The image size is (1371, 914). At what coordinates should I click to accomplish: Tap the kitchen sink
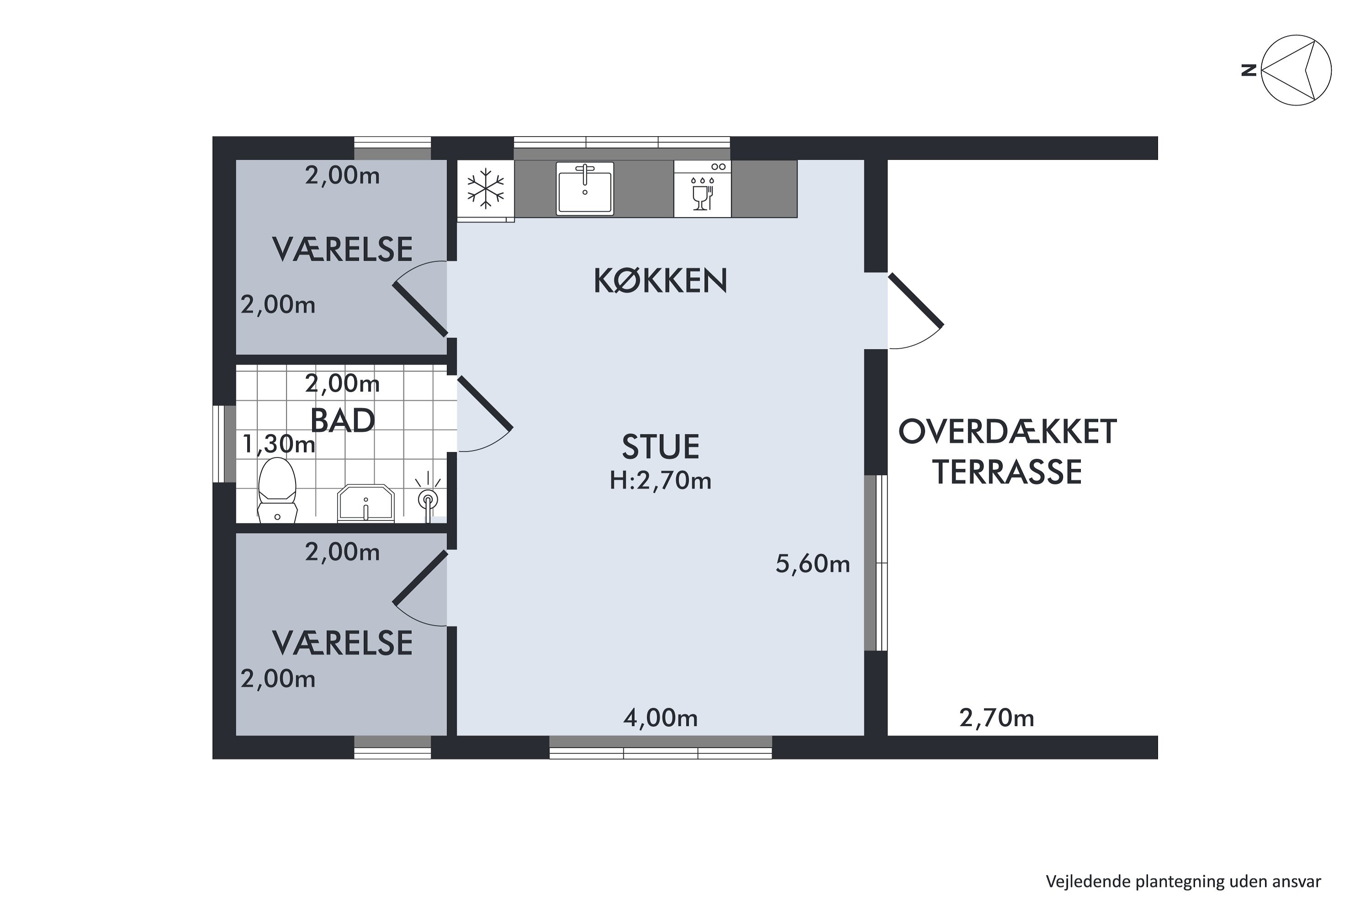pos(585,188)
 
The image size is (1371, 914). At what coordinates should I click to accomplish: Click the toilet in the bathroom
pos(277,489)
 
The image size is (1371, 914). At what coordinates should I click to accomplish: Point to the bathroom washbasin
pos(366,502)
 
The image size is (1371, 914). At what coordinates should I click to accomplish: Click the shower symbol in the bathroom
pos(429,499)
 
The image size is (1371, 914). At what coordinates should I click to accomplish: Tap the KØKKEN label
pos(660,281)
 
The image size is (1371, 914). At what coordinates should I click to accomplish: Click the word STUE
pos(660,447)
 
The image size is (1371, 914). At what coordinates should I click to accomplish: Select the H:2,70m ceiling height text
pos(660,481)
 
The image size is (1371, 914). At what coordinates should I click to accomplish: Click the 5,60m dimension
pos(812,564)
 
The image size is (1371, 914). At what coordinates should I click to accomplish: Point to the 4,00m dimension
pos(660,718)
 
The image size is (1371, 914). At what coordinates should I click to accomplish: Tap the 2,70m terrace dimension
pos(996,719)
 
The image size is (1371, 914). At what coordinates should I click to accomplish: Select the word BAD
pos(342,420)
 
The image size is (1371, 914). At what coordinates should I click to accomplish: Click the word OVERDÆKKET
pos(1007,432)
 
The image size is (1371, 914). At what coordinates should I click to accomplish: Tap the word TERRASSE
pos(1007,473)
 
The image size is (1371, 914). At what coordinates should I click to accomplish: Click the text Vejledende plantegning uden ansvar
pos(1183,882)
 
